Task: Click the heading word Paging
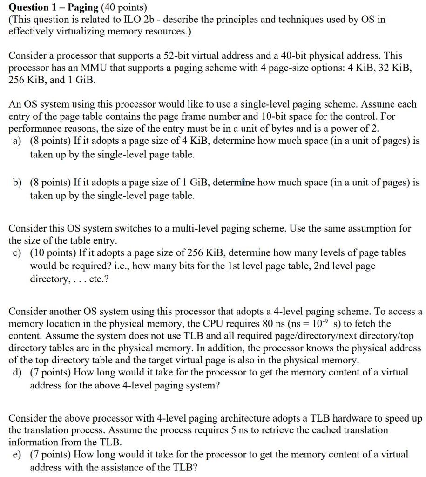(x=83, y=7)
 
